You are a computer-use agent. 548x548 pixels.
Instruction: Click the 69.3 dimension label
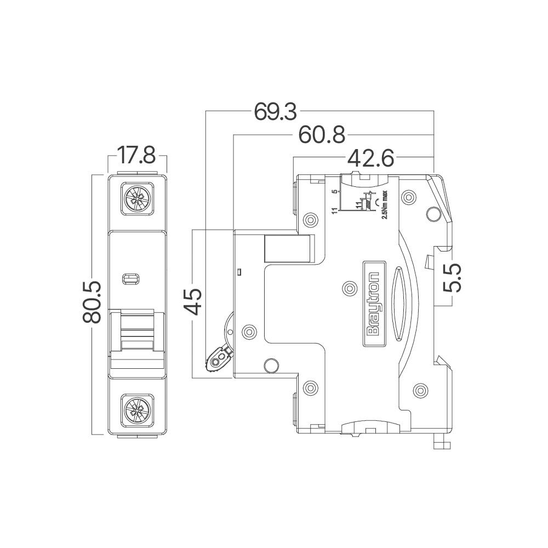click(x=275, y=112)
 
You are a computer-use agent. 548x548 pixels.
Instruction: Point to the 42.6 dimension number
click(x=370, y=158)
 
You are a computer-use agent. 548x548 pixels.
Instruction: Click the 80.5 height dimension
click(x=93, y=302)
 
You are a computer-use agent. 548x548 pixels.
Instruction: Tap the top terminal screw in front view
click(x=136, y=198)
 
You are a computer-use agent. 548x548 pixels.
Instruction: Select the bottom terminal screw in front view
click(x=136, y=409)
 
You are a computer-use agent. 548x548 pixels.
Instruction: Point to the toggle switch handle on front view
click(x=137, y=340)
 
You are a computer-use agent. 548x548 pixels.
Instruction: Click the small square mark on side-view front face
click(x=239, y=271)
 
